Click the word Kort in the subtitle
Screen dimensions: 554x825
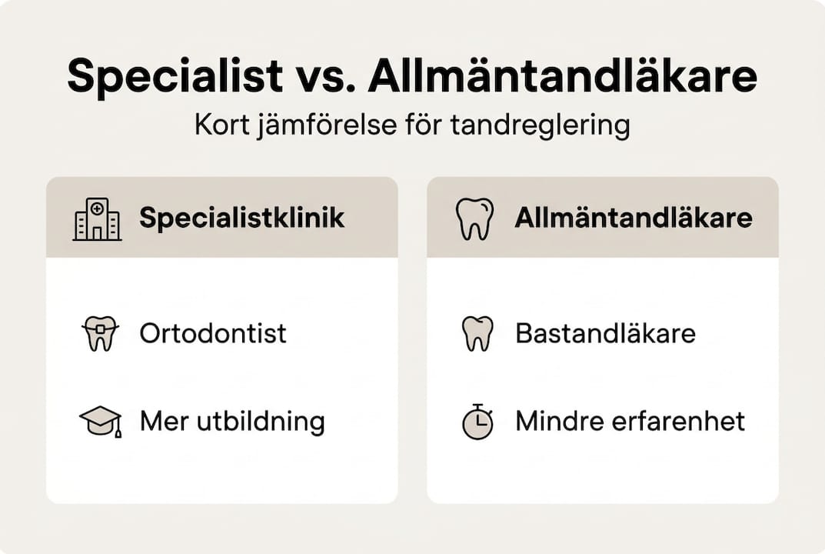click(222, 125)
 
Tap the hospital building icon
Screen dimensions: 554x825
click(97, 219)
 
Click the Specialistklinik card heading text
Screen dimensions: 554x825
click(241, 219)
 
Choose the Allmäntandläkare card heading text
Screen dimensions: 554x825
click(633, 219)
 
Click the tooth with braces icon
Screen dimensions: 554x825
click(99, 334)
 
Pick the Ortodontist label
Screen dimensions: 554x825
click(213, 333)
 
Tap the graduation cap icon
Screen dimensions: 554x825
click(100, 422)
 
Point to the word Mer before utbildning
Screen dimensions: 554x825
click(162, 422)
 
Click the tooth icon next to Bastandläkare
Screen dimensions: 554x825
click(477, 334)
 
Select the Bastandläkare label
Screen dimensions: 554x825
click(605, 333)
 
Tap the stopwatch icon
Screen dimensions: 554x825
click(477, 422)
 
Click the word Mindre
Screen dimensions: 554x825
click(559, 422)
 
